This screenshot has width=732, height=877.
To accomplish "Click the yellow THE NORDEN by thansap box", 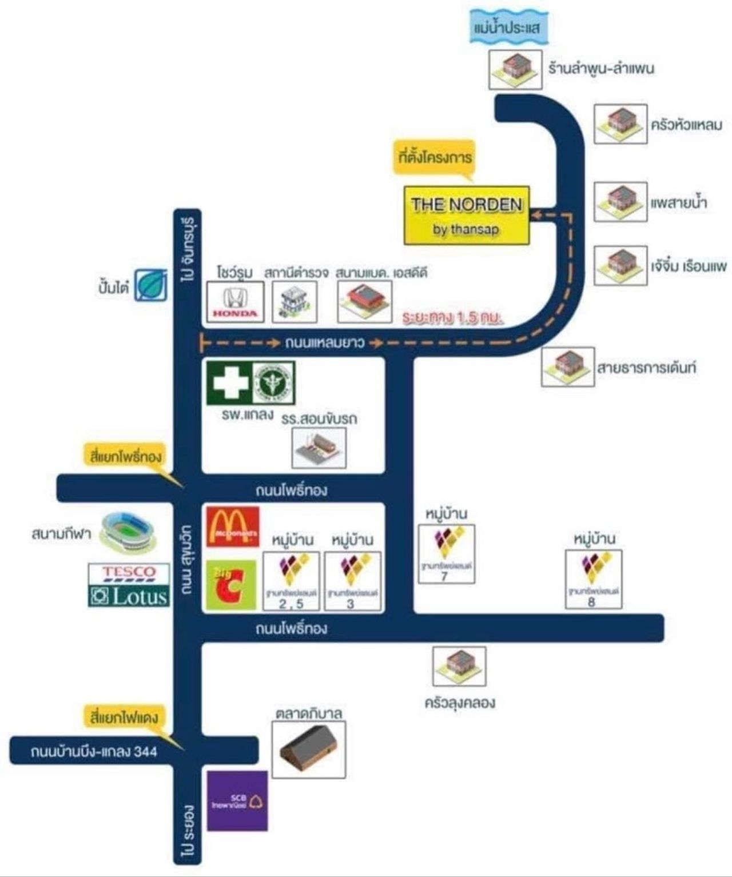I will [467, 216].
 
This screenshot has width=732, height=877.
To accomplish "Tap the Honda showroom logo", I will [235, 302].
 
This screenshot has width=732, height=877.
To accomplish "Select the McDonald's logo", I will [232, 526].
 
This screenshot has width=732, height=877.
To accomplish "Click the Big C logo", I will [230, 585].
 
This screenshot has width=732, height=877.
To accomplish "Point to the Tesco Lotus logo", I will [129, 585].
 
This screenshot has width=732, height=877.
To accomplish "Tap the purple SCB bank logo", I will [237, 800].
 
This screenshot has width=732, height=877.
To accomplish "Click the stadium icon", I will [127, 532].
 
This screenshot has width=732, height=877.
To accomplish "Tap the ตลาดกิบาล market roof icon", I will [308, 749].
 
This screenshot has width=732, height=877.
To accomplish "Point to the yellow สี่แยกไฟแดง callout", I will [124, 717].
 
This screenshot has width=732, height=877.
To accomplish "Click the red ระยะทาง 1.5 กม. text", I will [452, 318].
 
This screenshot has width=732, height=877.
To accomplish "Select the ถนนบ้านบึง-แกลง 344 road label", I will [94, 751].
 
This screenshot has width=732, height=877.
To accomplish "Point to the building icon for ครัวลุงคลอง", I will [459, 666].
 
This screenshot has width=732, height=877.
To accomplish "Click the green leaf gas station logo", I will [151, 285].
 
